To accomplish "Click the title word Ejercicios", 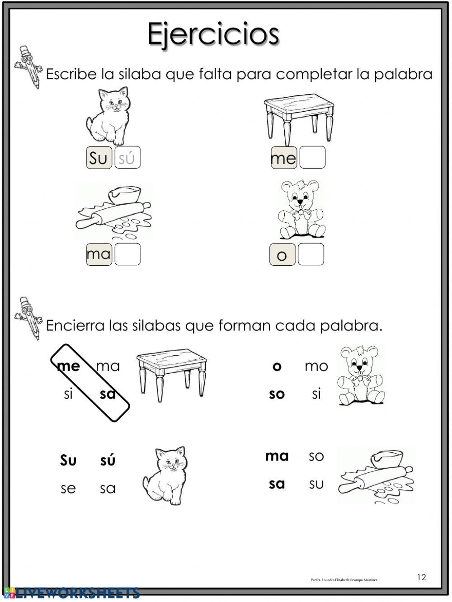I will pyautogui.click(x=213, y=34).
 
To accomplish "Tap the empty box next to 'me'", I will pyautogui.click(x=312, y=158).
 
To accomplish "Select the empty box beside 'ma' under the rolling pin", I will pyautogui.click(x=127, y=254).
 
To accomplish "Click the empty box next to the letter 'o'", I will pyautogui.click(x=311, y=254).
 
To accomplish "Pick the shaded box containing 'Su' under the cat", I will pyautogui.click(x=99, y=158).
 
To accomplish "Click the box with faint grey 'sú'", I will pyautogui.click(x=127, y=158).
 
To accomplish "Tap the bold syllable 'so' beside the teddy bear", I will pyautogui.click(x=277, y=394).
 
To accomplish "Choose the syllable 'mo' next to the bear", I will pyautogui.click(x=316, y=366).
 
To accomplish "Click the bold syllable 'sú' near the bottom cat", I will pyautogui.click(x=108, y=460).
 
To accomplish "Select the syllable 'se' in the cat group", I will pyautogui.click(x=68, y=488).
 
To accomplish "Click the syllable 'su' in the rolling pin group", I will pyautogui.click(x=316, y=484).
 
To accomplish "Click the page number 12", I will pyautogui.click(x=421, y=577).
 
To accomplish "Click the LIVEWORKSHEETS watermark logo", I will pyautogui.click(x=72, y=593).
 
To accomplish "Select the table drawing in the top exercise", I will pyautogui.click(x=300, y=118).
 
